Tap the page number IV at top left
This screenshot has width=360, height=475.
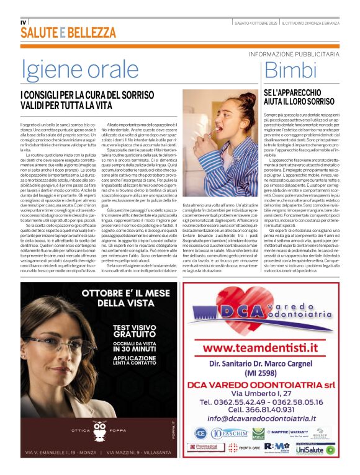pos(24,22)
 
